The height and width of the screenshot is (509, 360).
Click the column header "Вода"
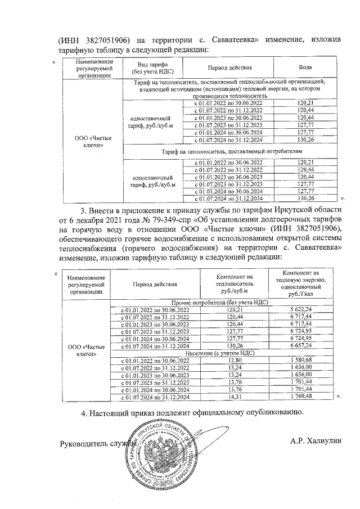(x=305, y=67)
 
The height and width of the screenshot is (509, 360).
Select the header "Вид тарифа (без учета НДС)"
(x=151, y=68)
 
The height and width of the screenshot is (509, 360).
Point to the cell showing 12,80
(x=235, y=361)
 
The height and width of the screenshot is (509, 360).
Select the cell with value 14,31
(x=235, y=397)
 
